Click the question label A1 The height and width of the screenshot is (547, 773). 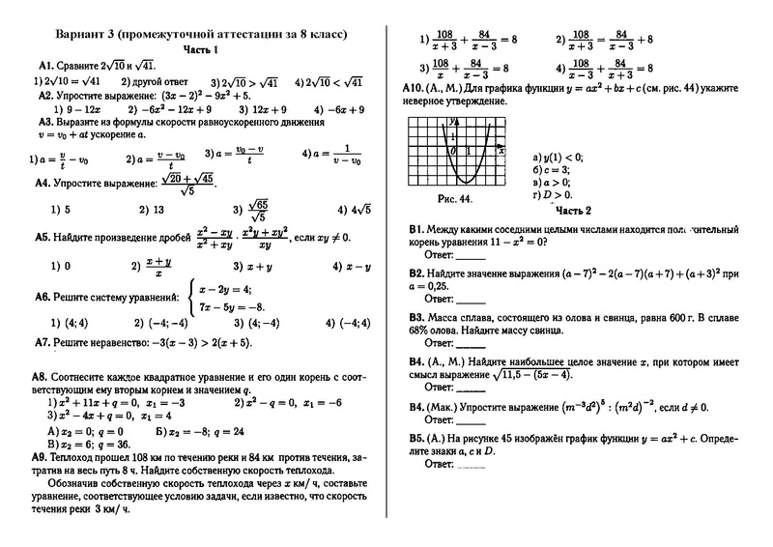[47, 65]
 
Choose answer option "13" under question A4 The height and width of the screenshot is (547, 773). [149, 209]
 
